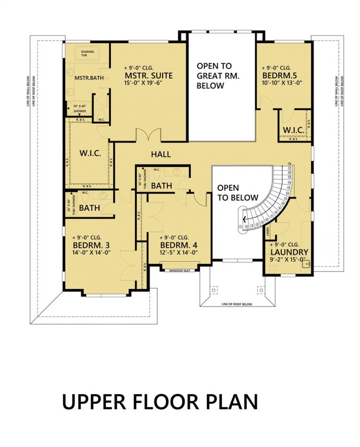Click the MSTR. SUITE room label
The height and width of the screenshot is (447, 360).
tap(149, 75)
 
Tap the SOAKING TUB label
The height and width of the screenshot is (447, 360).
tap(87, 53)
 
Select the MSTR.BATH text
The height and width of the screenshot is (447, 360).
tap(85, 77)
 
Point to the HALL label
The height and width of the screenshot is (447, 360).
tap(161, 154)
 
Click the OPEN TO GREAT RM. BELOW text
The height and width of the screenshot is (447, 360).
tap(214, 76)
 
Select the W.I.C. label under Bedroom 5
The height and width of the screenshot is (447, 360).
tap(294, 129)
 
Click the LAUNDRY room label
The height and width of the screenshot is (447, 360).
tap(289, 252)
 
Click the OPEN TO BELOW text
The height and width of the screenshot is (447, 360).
tap(235, 192)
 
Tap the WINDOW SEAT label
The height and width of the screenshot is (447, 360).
tap(180, 270)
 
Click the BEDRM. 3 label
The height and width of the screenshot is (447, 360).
tap(91, 245)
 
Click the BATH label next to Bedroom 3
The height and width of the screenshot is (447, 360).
tap(89, 208)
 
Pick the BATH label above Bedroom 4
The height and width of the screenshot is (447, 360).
tap(161, 186)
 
